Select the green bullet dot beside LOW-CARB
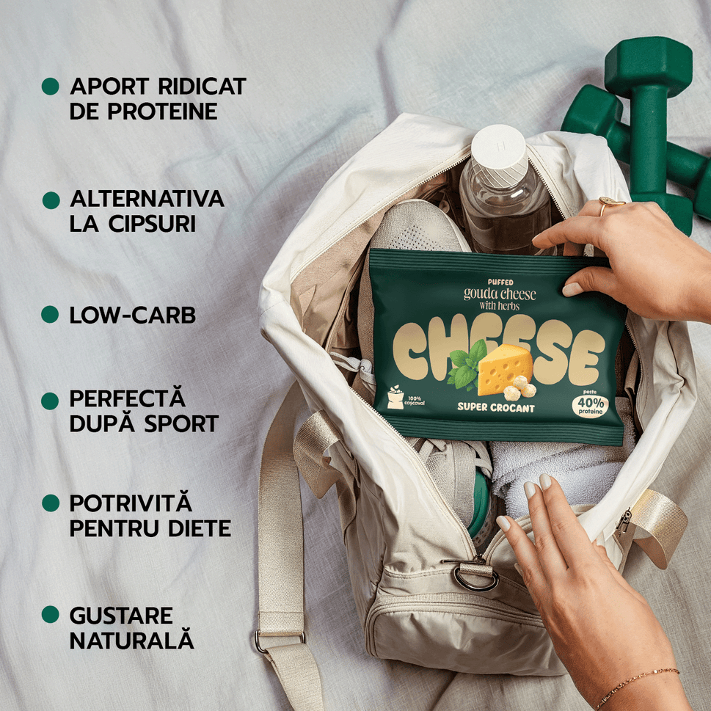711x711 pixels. coord(50,315)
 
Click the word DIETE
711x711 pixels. coord(198,528)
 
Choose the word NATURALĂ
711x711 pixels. coord(132,639)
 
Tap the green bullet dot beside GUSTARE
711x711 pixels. coord(50,614)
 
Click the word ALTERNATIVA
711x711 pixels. coord(147,199)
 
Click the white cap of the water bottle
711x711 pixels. coord(498,147)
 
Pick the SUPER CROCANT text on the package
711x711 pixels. coord(495,407)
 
